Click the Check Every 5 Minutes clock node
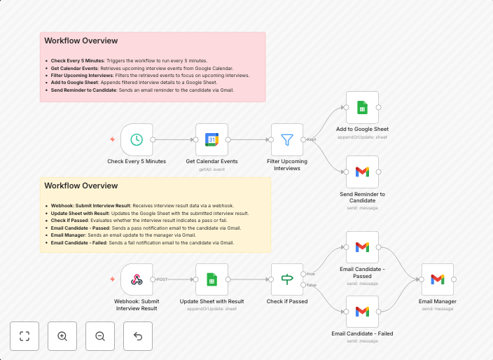coord(137,139)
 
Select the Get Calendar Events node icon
coord(211,139)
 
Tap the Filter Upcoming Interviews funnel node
coord(287,139)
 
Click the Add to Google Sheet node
coord(362,107)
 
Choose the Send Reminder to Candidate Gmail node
coord(362,172)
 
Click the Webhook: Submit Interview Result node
coord(137,279)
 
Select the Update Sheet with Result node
coord(211,279)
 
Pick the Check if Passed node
coord(287,279)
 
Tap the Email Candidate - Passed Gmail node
coord(362,247)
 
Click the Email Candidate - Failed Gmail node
coord(362,312)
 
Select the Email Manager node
coord(437,279)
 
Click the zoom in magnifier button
coord(62,336)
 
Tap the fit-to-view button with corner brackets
coord(25,336)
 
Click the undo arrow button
coord(138,336)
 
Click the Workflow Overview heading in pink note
coord(81,41)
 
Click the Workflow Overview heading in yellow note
coord(81,186)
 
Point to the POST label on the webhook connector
coord(162,279)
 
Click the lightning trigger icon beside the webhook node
coord(112,279)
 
